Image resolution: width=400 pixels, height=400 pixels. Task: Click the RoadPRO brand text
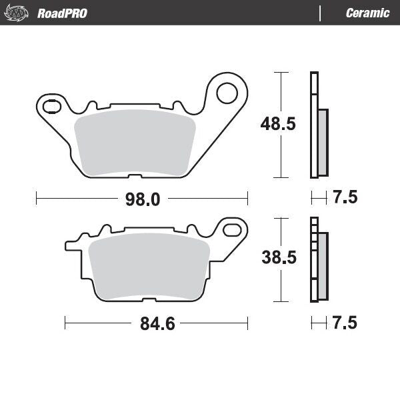click(62, 13)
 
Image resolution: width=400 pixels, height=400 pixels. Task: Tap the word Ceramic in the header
click(367, 13)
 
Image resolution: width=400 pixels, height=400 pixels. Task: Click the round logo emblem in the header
click(18, 13)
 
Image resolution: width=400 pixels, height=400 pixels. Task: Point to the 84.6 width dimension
click(157, 324)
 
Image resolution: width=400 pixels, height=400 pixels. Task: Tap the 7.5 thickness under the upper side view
click(344, 197)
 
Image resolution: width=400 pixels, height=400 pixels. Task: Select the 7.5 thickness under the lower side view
click(344, 323)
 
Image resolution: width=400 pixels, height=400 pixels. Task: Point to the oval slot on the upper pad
click(51, 105)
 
